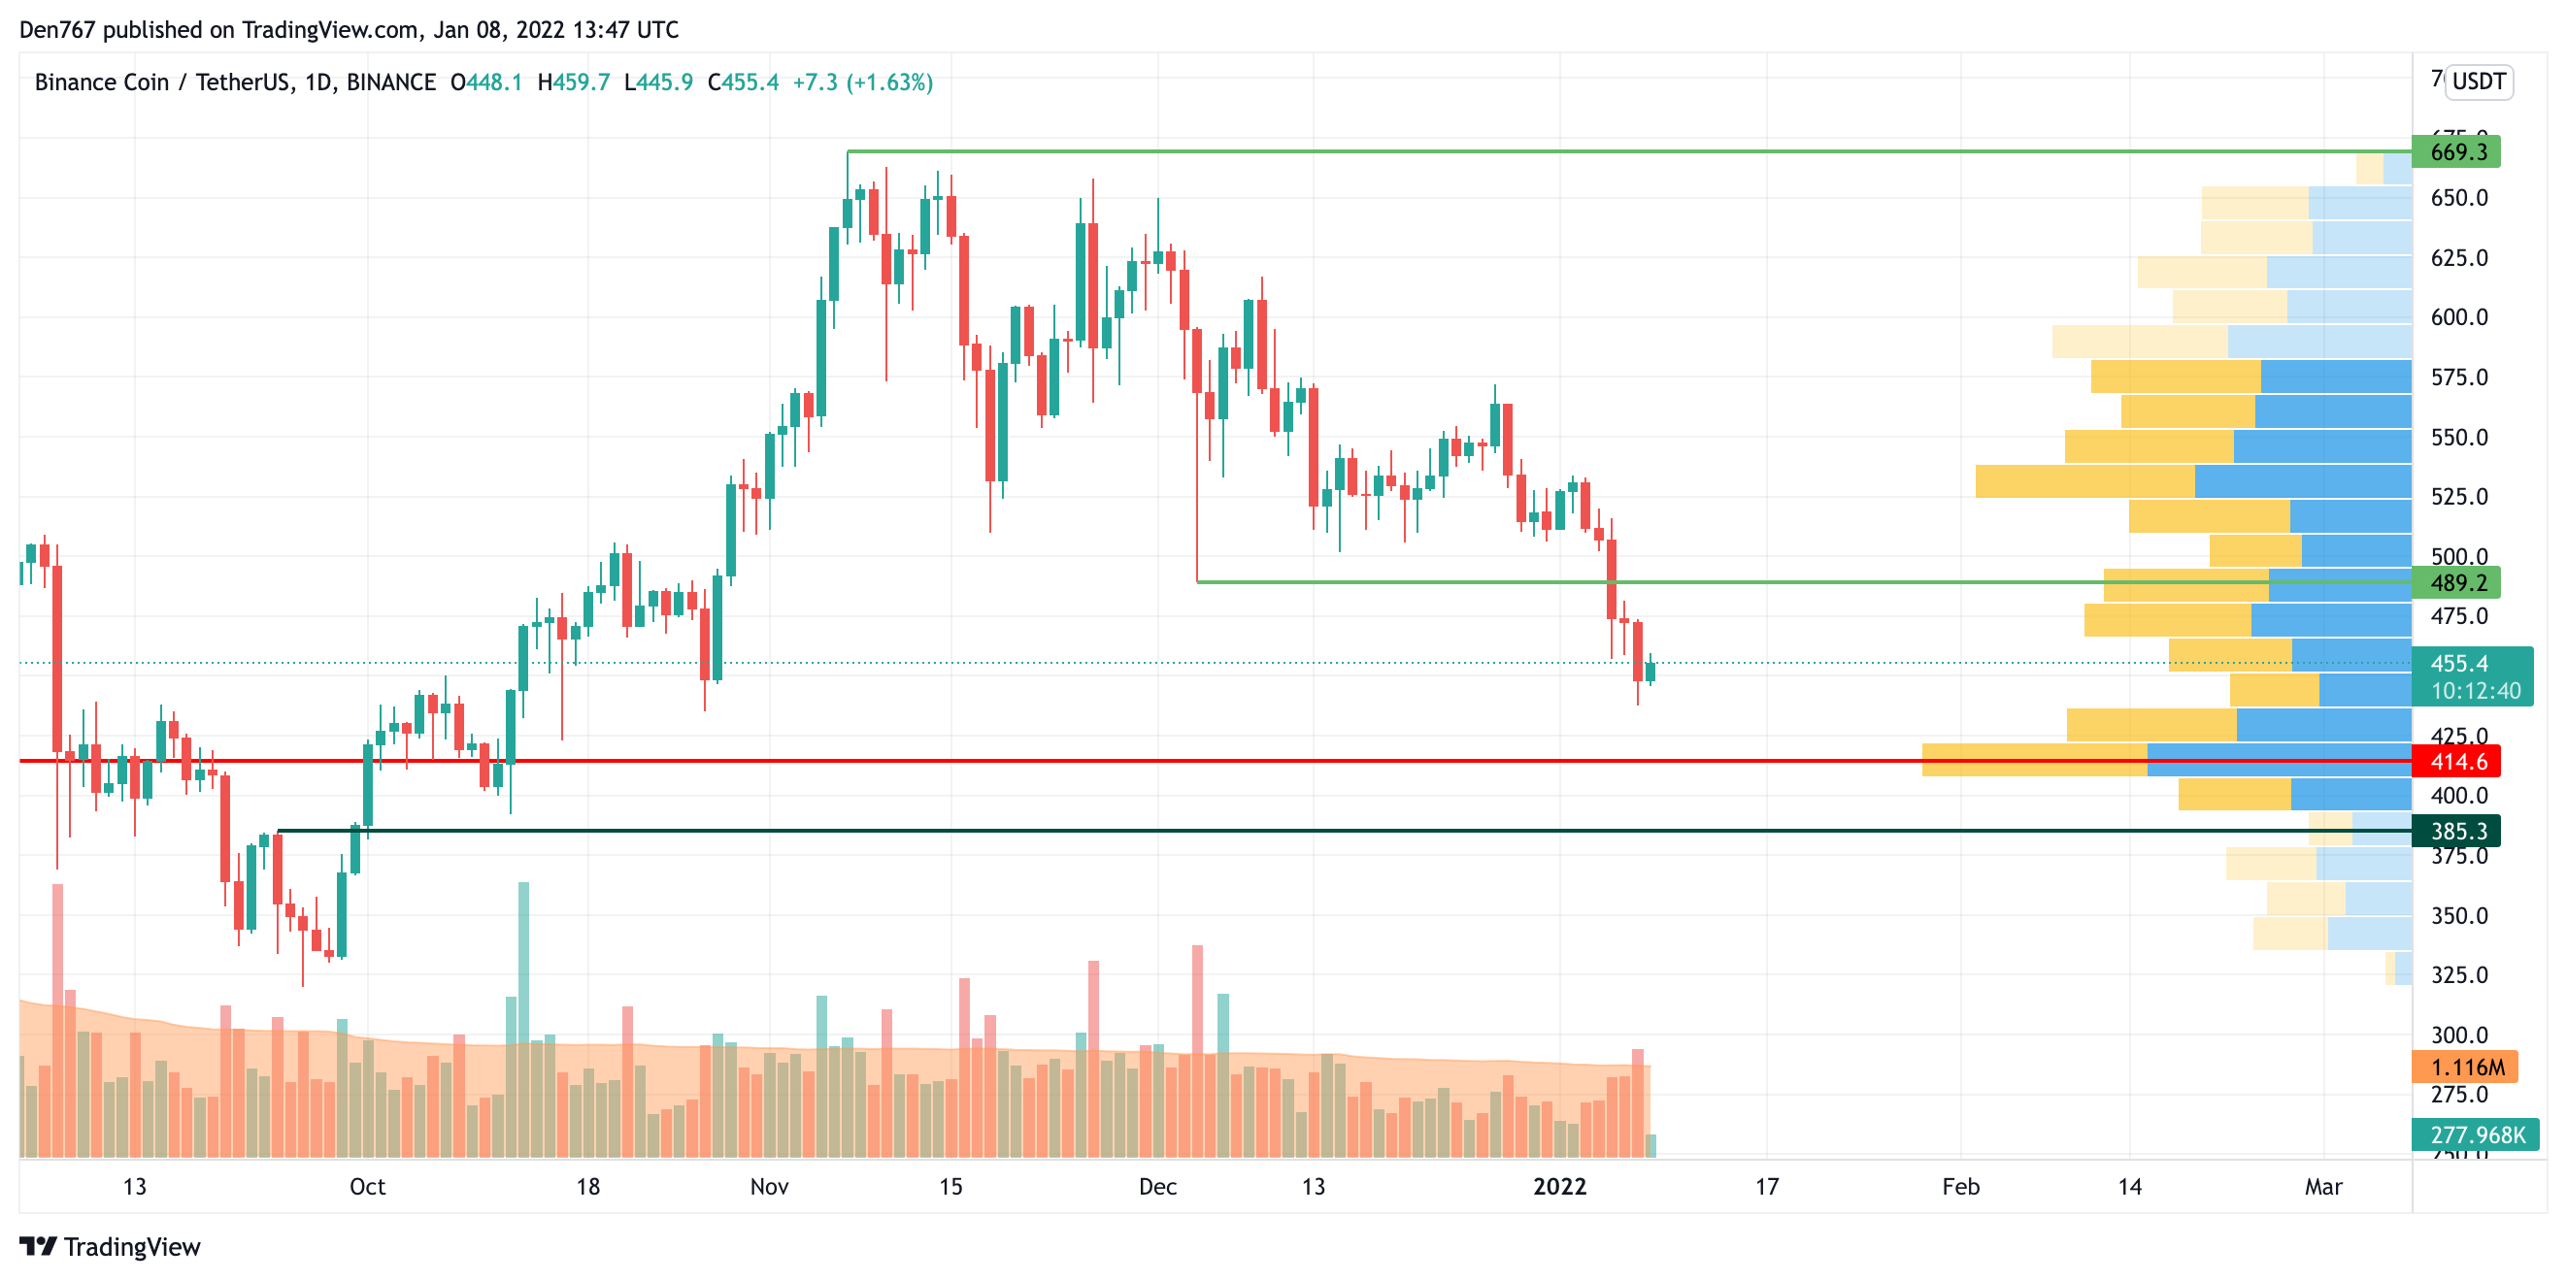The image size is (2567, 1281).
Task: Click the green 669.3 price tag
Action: point(2456,152)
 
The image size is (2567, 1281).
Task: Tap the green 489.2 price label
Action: point(2456,582)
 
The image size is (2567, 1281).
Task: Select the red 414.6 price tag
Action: point(2456,762)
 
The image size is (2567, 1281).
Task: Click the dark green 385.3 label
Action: point(2456,831)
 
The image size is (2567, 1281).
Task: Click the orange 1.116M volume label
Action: point(2464,1067)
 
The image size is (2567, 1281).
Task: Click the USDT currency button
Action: point(2479,82)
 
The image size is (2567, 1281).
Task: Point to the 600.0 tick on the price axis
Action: point(2458,317)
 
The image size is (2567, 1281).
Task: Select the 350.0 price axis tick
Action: point(2458,915)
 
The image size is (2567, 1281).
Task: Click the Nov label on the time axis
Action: point(769,1186)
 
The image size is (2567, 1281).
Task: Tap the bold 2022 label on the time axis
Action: point(1559,1186)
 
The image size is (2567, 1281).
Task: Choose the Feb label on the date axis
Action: point(1960,1186)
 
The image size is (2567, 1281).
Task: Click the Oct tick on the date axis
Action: point(368,1186)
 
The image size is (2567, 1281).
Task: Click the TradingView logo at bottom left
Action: point(111,1247)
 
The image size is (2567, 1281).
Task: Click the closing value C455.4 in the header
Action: point(744,82)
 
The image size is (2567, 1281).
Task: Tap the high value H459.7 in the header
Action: point(573,82)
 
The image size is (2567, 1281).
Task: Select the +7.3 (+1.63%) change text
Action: point(863,82)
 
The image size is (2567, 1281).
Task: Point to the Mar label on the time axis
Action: point(2323,1186)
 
